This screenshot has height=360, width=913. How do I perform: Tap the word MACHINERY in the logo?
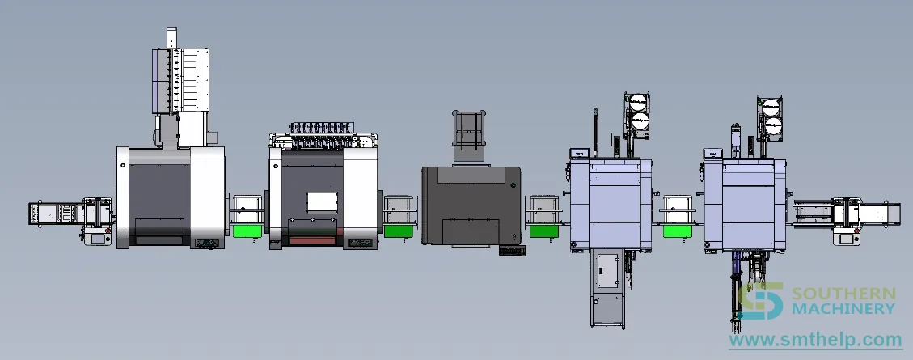coord(843,309)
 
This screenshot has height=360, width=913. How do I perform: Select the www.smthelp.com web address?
coord(815,339)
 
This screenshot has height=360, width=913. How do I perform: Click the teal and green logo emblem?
coord(760,301)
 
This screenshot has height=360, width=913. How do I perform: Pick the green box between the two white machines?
coord(247,231)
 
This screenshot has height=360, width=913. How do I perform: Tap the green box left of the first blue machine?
coord(544,231)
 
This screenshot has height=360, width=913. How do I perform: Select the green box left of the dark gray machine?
coord(398,231)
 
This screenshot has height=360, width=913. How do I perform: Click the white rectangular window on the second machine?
coord(322,202)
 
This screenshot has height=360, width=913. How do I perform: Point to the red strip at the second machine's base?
coord(313,240)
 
